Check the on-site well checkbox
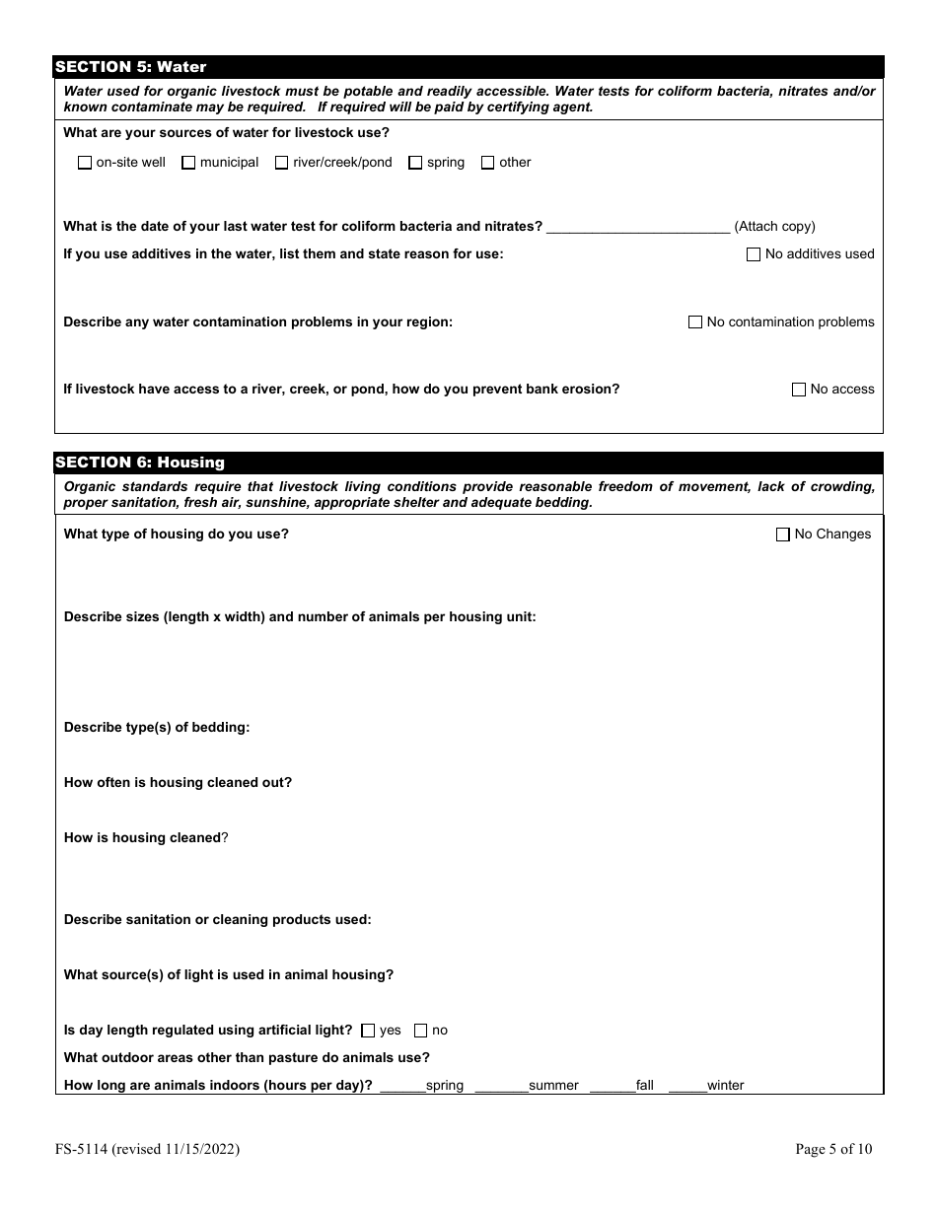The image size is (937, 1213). pyautogui.click(x=85, y=163)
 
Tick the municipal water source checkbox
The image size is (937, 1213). pyautogui.click(x=188, y=163)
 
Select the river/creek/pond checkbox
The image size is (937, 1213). pyautogui.click(x=282, y=163)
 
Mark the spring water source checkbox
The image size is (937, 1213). pyautogui.click(x=415, y=163)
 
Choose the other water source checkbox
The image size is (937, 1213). pyautogui.click(x=487, y=163)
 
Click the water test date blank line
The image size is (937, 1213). pyautogui.click(x=637, y=227)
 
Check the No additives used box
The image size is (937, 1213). pyautogui.click(x=755, y=254)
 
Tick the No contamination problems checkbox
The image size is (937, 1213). pyautogui.click(x=695, y=322)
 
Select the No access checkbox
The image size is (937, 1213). pyautogui.click(x=799, y=390)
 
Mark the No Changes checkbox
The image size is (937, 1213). pyautogui.click(x=783, y=535)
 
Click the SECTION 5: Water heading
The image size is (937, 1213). pyautogui.click(x=131, y=67)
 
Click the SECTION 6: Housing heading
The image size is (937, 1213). pyautogui.click(x=140, y=463)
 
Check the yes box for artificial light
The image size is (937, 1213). pyautogui.click(x=368, y=1031)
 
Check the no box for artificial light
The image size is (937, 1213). pyautogui.click(x=420, y=1031)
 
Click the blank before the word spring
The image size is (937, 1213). pyautogui.click(x=402, y=1086)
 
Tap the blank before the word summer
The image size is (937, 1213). pyautogui.click(x=501, y=1086)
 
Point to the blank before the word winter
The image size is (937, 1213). pyautogui.click(x=687, y=1086)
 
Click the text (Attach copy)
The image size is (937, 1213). pyautogui.click(x=774, y=227)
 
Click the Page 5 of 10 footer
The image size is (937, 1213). pyautogui.click(x=833, y=1149)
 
